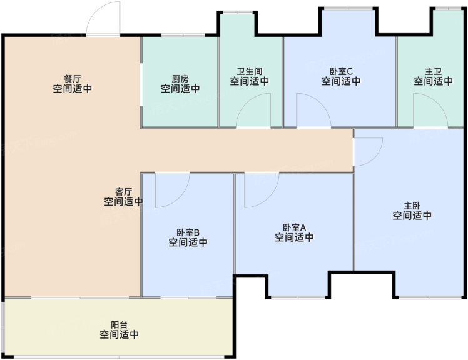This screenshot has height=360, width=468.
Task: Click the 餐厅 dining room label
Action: point(73,79)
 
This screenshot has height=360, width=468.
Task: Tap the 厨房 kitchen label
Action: point(180,79)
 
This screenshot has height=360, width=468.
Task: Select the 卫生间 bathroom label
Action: point(250,71)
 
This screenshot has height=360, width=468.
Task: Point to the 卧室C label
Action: point(341,71)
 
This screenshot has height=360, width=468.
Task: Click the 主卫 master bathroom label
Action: point(433,71)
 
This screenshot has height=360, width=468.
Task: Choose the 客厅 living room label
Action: point(123,191)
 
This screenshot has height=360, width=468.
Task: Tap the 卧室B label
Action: point(188,232)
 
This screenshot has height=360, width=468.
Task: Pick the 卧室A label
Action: point(294,227)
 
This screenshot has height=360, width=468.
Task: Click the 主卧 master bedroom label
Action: point(412,206)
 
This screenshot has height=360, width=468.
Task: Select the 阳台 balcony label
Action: point(119,324)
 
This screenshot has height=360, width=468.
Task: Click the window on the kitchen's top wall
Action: point(183,36)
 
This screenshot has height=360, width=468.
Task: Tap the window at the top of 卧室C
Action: point(348,8)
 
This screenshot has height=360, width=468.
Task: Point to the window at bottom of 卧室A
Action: point(298,297)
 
